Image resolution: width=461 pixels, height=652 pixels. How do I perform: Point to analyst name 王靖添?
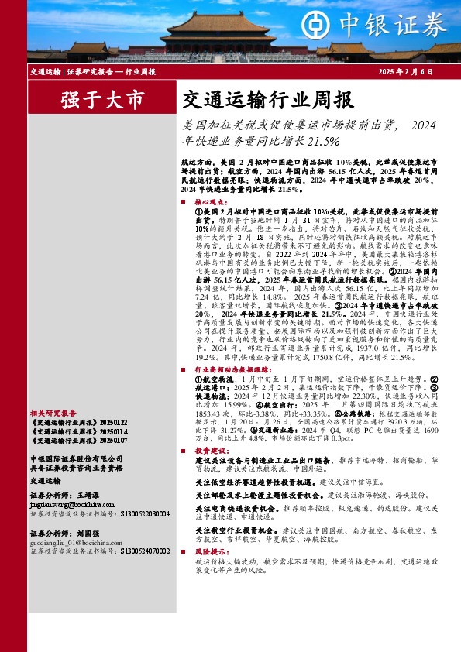coord(91,493)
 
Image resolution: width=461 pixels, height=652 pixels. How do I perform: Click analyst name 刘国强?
coord(91,534)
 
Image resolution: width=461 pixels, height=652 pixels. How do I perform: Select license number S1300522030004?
coord(145,513)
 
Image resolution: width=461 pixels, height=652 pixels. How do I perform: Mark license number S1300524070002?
coord(145,553)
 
